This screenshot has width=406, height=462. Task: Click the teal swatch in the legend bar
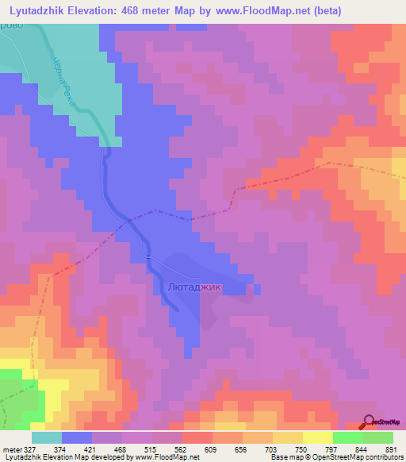pyautogui.click(x=47, y=437)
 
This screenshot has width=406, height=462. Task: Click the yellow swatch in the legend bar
pyautogui.click(x=318, y=437)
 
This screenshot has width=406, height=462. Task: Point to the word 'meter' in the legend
pyautogui.click(x=11, y=449)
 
